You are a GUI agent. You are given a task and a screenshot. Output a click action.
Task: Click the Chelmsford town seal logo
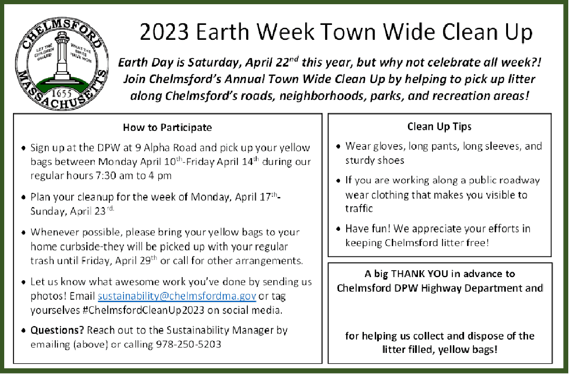[62, 64]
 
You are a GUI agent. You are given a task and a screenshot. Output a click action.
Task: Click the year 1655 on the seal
[61, 94]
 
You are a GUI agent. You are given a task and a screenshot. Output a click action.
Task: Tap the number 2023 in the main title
[164, 32]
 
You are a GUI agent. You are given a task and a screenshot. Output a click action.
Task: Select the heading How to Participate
[167, 127]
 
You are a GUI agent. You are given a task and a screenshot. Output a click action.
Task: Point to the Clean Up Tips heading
[439, 127]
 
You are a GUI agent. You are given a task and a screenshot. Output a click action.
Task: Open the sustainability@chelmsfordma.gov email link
[177, 296]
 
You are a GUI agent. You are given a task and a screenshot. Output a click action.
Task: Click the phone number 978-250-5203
[189, 344]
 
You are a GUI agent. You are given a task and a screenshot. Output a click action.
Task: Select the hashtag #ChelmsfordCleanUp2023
[143, 310]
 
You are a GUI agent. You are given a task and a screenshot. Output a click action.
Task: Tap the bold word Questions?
[57, 330]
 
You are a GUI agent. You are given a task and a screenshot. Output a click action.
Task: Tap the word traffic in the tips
[359, 209]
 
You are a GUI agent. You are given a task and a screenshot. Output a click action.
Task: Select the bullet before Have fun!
[339, 229]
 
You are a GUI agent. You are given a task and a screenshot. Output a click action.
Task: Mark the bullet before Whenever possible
[23, 232]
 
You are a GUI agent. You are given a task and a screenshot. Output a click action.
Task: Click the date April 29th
[136, 260]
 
